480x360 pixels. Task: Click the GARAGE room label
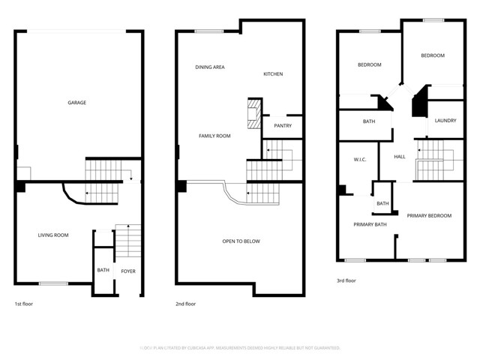pos(76,103)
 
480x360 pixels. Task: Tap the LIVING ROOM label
pos(53,235)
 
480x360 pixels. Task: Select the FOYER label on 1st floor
pos(128,271)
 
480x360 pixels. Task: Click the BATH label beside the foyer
pos(103,271)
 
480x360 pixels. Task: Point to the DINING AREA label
pos(210,67)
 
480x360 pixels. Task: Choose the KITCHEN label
pos(273,73)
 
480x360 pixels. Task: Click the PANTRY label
pos(283,126)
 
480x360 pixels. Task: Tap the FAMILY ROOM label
pos(214,136)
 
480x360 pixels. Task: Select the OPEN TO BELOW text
pos(241,241)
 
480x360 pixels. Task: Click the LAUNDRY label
pos(445,120)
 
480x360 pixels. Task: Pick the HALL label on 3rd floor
pos(400,157)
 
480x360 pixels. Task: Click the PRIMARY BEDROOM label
pos(429,216)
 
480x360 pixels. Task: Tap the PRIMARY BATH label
pos(370,224)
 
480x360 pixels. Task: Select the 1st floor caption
pos(24,304)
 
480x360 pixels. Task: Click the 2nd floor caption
pos(185,304)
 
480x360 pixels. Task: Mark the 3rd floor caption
pos(346,280)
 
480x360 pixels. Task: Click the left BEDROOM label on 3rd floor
pos(369,64)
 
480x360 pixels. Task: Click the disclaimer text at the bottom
pos(240,348)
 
